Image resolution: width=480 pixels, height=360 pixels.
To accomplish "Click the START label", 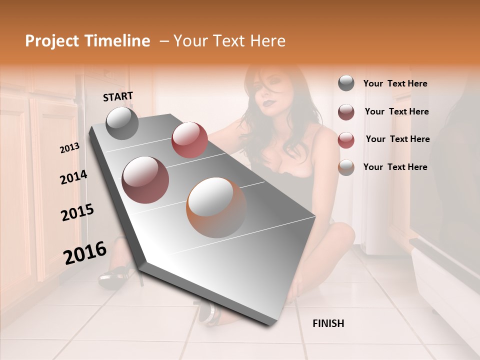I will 118,96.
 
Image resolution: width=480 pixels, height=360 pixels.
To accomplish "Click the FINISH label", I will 328,323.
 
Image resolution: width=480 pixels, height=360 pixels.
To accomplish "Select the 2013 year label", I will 70,148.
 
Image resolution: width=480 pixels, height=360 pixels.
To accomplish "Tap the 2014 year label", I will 73,177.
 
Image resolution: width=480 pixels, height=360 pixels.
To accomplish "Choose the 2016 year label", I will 85,253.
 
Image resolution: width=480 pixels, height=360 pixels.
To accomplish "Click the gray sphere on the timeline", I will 122,123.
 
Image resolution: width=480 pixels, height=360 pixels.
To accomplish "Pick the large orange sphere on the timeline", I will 216,207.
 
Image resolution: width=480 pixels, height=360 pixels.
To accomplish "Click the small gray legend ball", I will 346,83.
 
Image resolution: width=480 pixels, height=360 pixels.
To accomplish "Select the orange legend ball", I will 346,167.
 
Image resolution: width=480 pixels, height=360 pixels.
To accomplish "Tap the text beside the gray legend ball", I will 395,84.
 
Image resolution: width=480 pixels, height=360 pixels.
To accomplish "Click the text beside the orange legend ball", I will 395,167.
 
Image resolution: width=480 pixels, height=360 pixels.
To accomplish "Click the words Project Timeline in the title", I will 87,41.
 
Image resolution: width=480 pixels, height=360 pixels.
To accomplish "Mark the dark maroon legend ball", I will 346,111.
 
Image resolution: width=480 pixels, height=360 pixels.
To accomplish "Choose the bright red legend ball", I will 346,139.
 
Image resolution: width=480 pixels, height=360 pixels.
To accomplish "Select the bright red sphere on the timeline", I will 189,140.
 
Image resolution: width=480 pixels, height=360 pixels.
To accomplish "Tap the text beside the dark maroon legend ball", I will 396,111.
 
